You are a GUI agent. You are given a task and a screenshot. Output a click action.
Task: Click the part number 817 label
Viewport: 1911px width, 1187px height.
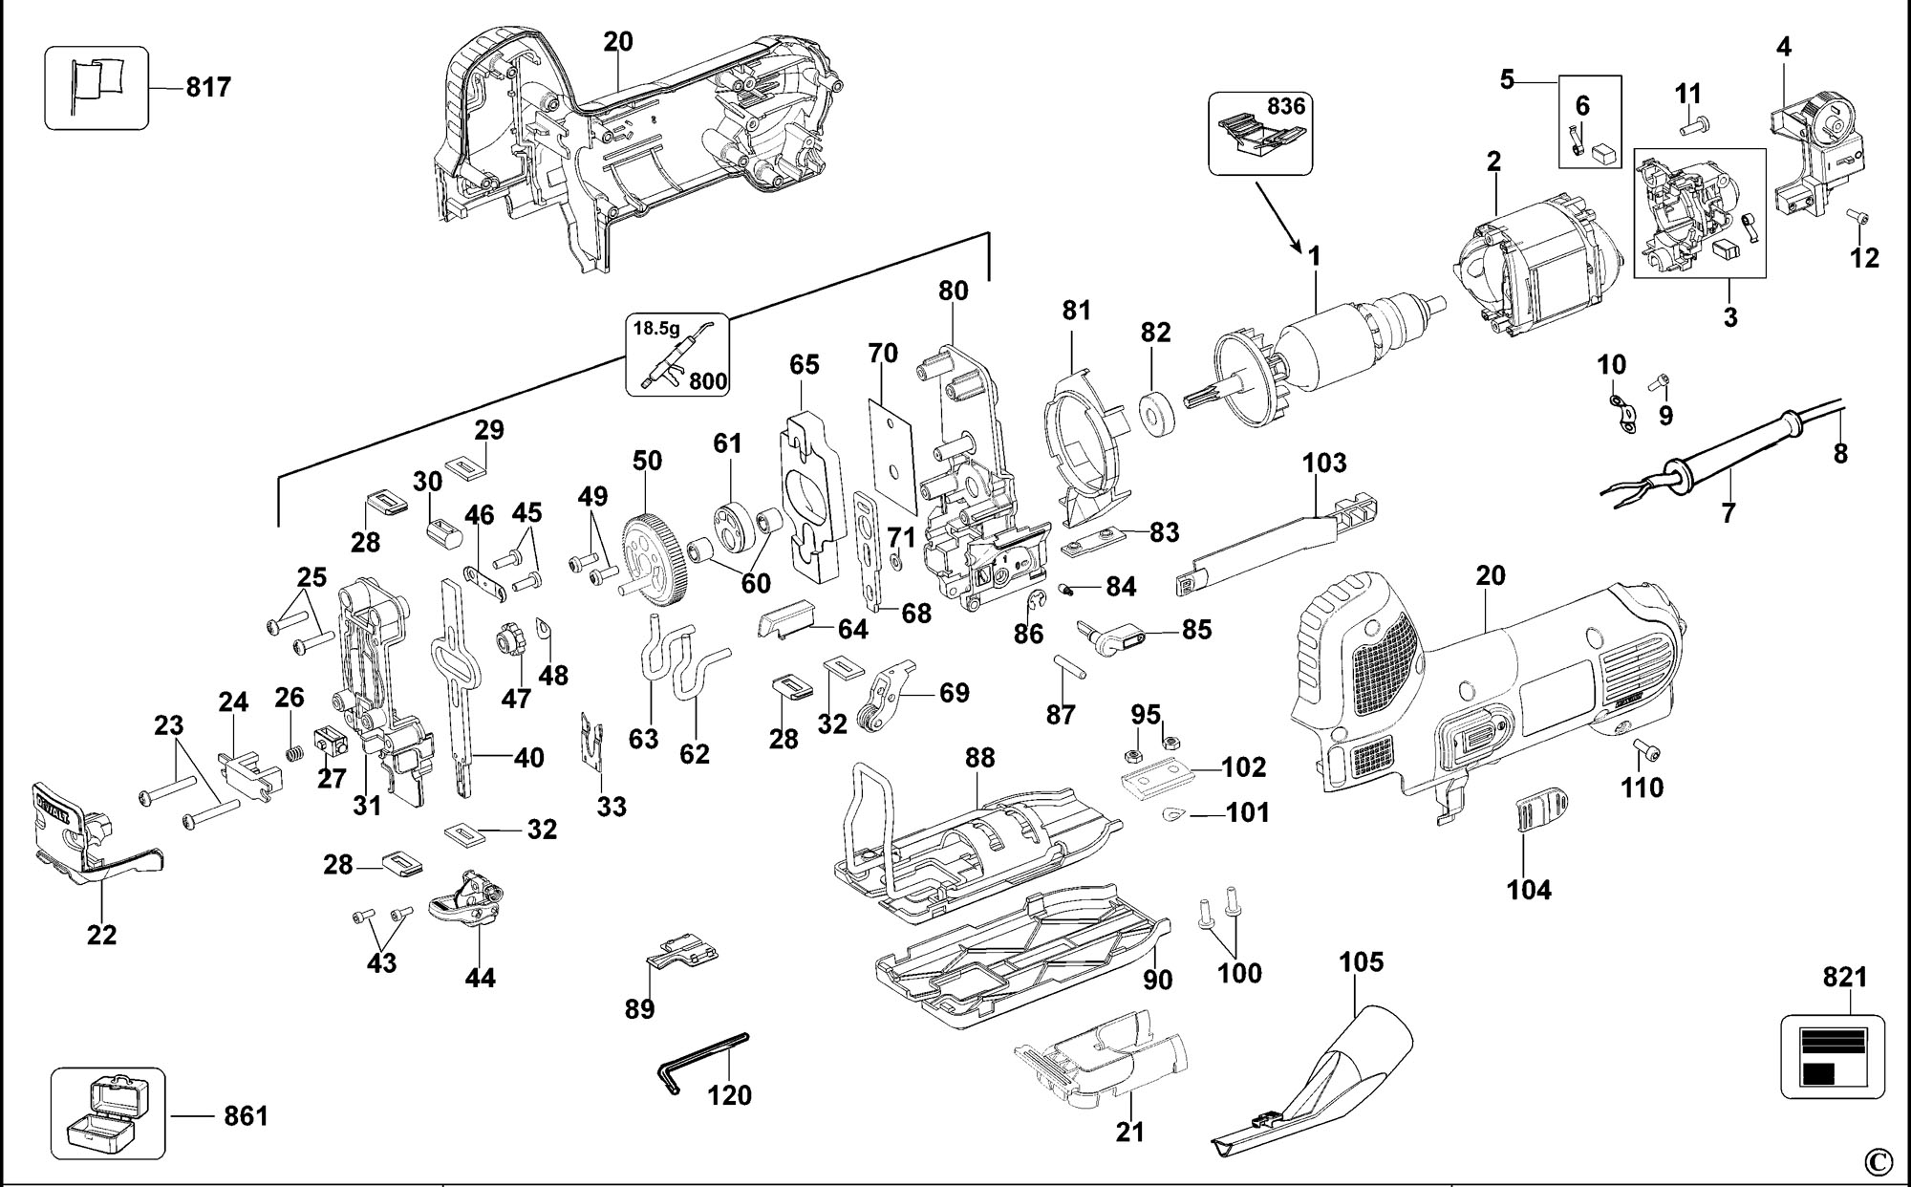tap(208, 88)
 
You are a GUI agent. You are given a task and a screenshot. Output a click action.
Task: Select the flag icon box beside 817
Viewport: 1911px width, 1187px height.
tap(97, 87)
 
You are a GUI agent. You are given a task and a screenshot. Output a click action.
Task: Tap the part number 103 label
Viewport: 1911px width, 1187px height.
tap(1324, 464)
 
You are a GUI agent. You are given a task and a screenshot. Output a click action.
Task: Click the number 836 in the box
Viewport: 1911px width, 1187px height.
tap(1286, 107)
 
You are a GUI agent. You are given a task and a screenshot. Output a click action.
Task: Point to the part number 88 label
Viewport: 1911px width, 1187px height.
tap(979, 758)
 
